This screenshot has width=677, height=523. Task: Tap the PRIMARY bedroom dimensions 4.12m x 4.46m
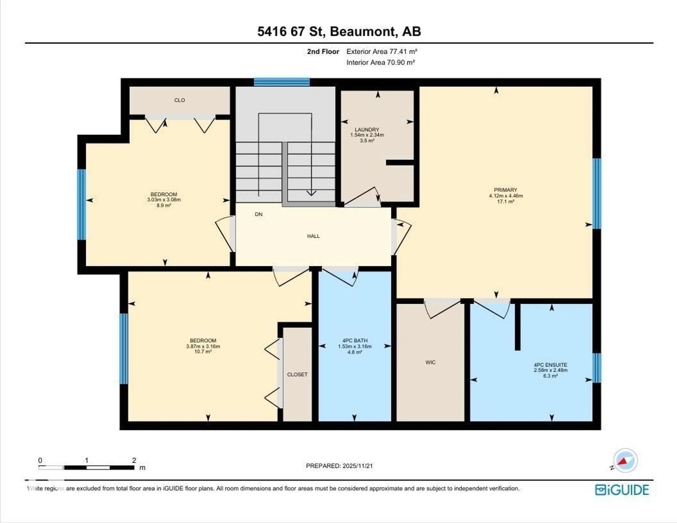pos(506,196)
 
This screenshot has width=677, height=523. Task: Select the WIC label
pos(430,362)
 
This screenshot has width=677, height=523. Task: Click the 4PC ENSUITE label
pos(550,365)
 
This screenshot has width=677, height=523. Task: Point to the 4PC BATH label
pos(355,340)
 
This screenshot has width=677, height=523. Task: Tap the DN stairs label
pos(258,214)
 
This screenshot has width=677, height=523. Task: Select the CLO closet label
pos(179,100)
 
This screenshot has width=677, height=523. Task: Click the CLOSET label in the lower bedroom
pos(297,375)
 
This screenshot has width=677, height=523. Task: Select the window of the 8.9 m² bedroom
pos(81,204)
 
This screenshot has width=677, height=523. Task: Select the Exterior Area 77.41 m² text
pos(381,51)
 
